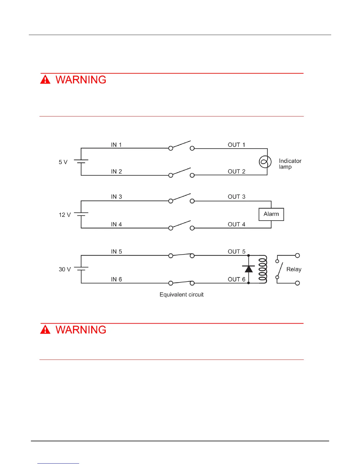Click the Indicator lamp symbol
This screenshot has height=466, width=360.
pyautogui.click(x=265, y=162)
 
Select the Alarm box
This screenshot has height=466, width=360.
pyautogui.click(x=271, y=214)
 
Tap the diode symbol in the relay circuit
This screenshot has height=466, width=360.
pyautogui.click(x=249, y=269)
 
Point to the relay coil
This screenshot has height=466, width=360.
pyautogui.click(x=263, y=269)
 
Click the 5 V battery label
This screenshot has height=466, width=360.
pyautogui.click(x=63, y=162)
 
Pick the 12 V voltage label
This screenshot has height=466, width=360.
pyautogui.click(x=65, y=215)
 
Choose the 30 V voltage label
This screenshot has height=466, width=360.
pyautogui.click(x=65, y=269)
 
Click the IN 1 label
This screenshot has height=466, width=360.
pyautogui.click(x=116, y=145)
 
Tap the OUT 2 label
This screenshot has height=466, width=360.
pyautogui.click(x=236, y=172)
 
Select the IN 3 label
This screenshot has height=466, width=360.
pyautogui.click(x=116, y=197)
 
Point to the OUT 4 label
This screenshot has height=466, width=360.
pyautogui.click(x=236, y=224)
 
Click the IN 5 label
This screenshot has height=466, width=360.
pyautogui.click(x=116, y=252)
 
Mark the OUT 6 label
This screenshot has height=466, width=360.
pyautogui.click(x=236, y=279)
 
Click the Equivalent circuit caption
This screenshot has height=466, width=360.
pyautogui.click(x=181, y=295)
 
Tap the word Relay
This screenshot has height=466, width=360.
pyautogui.click(x=294, y=269)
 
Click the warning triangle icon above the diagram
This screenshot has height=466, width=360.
pyautogui.click(x=45, y=80)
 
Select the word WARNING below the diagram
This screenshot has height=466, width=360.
pyautogui.click(x=81, y=330)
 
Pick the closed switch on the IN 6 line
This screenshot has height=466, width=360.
pyautogui.click(x=181, y=283)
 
